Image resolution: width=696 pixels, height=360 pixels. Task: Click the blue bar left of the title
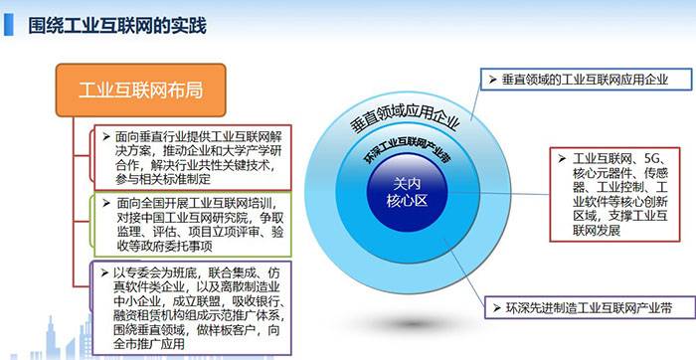point(8,22)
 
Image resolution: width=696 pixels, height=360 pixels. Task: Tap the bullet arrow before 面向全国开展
point(105,202)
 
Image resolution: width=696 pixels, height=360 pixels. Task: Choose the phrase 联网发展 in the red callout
point(591,230)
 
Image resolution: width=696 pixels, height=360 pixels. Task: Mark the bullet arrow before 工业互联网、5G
point(563,159)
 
